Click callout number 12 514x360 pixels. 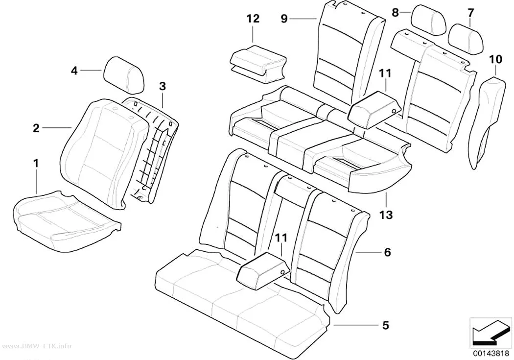(x=253, y=19)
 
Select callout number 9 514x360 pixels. (x=284, y=19)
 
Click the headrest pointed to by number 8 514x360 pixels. (x=428, y=19)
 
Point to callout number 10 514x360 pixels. (x=495, y=59)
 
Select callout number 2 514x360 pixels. (x=36, y=128)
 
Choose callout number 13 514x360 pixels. (x=386, y=215)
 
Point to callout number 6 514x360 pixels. (x=387, y=252)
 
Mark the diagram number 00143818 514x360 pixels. (x=491, y=353)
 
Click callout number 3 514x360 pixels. (x=162, y=86)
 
